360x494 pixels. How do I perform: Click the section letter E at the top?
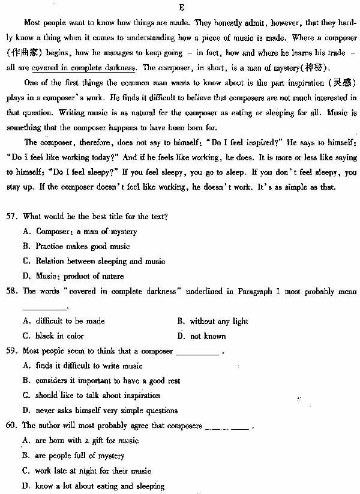coord(181,7)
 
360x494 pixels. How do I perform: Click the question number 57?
coord(12,217)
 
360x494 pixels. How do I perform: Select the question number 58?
coord(12,291)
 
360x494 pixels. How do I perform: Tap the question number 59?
coord(12,351)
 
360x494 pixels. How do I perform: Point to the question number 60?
coord(12,425)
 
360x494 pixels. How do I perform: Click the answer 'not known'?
coord(204,336)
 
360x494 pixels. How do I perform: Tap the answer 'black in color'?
coord(59,336)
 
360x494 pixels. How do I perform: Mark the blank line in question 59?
coord(197,352)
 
